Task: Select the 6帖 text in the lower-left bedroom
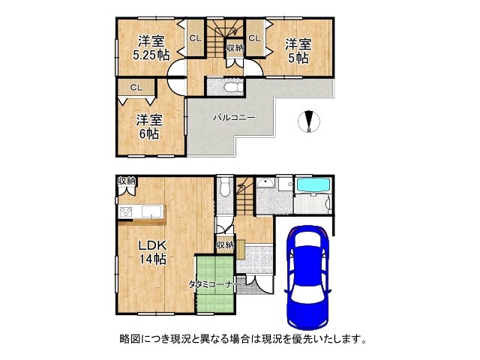pyautogui.click(x=148, y=133)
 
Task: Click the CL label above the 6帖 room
pyautogui.click(x=136, y=88)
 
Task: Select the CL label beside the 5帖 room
pyautogui.click(x=254, y=38)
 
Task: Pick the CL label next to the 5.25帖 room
pyautogui.click(x=195, y=38)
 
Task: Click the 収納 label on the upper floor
pyautogui.click(x=234, y=47)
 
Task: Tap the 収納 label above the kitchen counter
pyautogui.click(x=126, y=181)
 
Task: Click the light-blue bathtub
pyautogui.click(x=313, y=184)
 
